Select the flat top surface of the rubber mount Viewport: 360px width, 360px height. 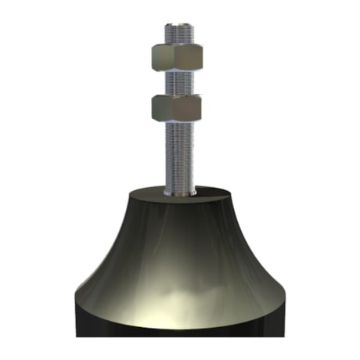[149, 194]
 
